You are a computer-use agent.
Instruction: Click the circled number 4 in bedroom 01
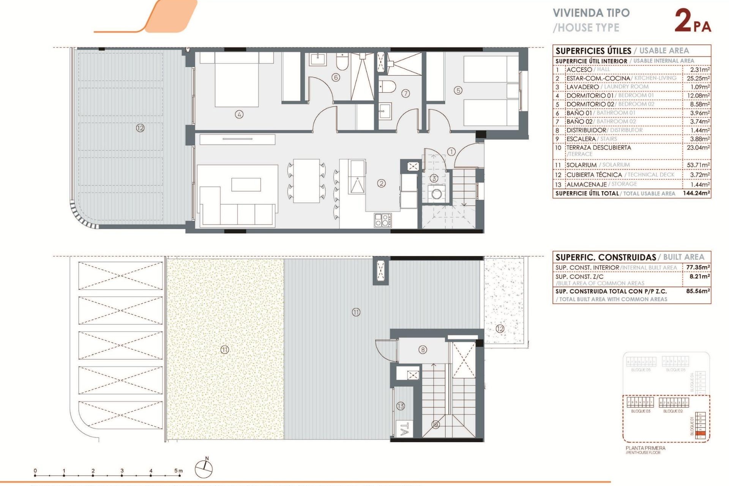coord(239,114)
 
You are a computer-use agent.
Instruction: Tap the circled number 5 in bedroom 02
coord(458,90)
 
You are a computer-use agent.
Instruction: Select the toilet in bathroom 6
coord(342,62)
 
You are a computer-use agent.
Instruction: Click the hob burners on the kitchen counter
coord(383,220)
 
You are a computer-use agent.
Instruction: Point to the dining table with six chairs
coord(306,181)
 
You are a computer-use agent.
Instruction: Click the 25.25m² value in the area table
coord(698,78)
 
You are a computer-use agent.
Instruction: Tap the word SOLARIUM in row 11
coord(581,165)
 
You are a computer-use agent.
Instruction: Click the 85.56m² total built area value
coord(697,291)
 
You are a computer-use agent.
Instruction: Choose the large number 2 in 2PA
coord(683,21)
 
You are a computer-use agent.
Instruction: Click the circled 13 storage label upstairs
coord(401,406)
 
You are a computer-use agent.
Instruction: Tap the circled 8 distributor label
coord(423,350)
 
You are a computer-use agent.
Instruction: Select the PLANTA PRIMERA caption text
coord(645,448)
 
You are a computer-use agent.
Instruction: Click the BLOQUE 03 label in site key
coord(641,411)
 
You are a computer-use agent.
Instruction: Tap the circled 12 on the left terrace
coord(140,128)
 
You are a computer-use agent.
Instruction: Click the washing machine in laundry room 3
coord(437,194)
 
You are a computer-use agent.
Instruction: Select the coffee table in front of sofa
coord(246,185)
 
